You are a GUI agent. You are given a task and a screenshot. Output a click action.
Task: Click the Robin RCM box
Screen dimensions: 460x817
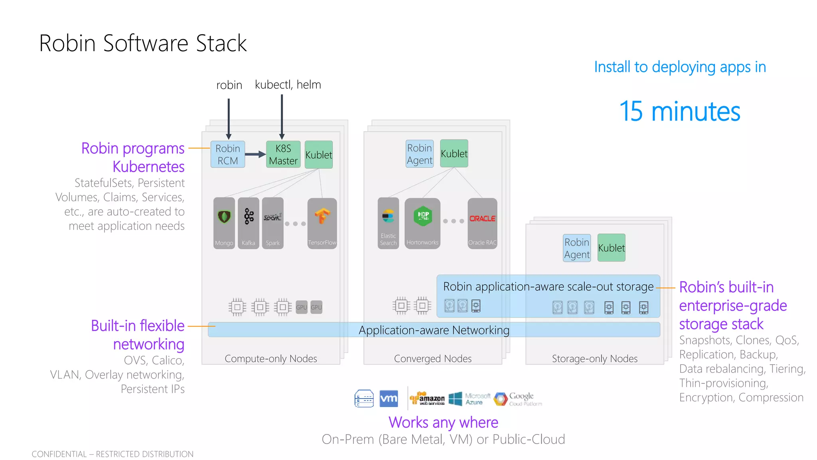pyautogui.click(x=227, y=155)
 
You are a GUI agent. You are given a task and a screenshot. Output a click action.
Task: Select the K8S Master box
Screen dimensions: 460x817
pyautogui.click(x=283, y=155)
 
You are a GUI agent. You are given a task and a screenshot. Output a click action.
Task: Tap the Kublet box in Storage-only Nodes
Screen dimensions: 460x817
pyautogui.click(x=611, y=248)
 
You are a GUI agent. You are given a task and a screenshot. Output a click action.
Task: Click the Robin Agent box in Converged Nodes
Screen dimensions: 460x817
pyautogui.click(x=419, y=154)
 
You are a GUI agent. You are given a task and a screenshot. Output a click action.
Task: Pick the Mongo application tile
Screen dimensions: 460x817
pyautogui.click(x=224, y=223)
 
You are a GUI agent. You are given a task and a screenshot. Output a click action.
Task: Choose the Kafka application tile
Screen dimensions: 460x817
pyautogui.click(x=248, y=223)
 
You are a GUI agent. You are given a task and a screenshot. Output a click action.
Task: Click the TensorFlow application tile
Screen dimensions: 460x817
pyautogui.click(x=322, y=223)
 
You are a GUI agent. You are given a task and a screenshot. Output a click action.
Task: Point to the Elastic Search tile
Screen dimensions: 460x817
pyautogui.click(x=388, y=223)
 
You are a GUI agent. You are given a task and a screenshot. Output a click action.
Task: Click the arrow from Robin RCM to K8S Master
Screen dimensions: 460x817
pyautogui.click(x=255, y=154)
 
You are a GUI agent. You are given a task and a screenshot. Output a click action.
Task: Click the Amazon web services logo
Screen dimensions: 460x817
pyautogui.click(x=427, y=398)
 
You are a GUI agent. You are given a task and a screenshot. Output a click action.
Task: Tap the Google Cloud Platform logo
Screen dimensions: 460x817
pyautogui.click(x=518, y=399)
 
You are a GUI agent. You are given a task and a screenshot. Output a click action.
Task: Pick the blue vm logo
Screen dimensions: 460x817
pyautogui.click(x=389, y=399)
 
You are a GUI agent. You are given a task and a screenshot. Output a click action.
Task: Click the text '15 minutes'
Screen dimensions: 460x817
pyautogui.click(x=679, y=111)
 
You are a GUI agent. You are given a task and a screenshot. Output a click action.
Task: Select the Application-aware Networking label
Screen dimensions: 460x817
pyautogui.click(x=434, y=330)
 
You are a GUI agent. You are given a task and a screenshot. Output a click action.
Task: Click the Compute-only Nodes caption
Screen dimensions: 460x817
pyautogui.click(x=270, y=359)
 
